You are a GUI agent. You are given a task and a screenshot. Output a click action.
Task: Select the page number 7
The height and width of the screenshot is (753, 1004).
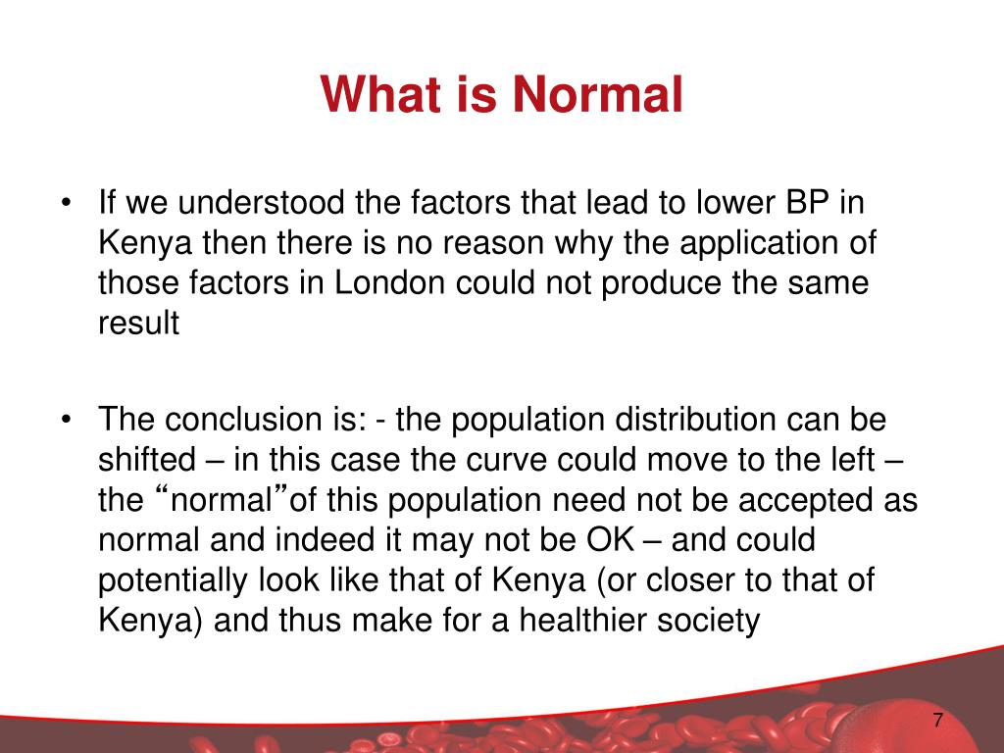[937, 721]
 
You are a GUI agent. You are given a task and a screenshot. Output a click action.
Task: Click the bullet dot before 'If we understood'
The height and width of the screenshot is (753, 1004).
[66, 204]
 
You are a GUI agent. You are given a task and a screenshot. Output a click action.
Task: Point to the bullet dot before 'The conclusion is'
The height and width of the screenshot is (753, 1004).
[66, 420]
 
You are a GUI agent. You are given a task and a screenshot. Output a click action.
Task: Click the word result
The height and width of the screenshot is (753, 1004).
[138, 324]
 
